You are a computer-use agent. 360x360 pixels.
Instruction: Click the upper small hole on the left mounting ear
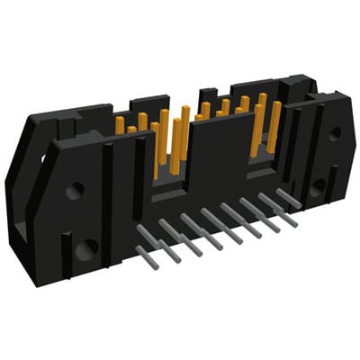tap(76, 190)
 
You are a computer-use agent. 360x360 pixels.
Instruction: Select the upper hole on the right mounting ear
tap(335, 132)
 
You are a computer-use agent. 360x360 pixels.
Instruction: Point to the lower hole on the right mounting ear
tap(318, 187)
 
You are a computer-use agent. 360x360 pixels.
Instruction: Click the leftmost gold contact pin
tap(119, 125)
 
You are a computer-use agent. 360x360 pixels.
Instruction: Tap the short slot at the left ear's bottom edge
tap(64, 247)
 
